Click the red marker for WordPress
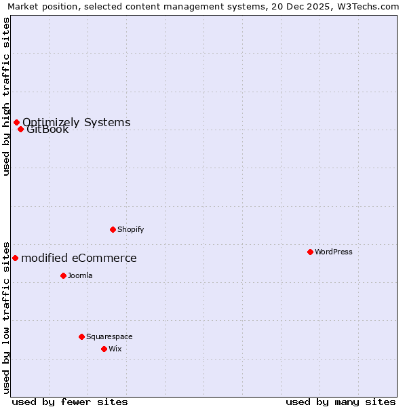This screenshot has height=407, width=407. (310, 252)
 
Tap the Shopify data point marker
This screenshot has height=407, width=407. (113, 229)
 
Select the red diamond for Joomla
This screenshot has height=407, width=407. (63, 275)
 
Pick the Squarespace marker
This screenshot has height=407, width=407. (81, 336)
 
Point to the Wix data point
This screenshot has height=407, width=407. (104, 349)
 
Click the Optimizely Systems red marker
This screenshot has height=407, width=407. (16, 122)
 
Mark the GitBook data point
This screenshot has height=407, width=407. (21, 129)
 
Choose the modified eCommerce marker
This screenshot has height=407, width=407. (15, 258)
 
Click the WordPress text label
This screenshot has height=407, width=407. (334, 252)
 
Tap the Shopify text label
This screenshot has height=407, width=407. (131, 229)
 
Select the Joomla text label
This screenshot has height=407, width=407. (80, 275)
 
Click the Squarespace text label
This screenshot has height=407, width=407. (109, 336)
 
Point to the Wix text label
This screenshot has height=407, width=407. (115, 349)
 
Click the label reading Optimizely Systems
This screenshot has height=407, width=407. (77, 122)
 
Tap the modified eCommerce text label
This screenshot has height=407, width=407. (79, 258)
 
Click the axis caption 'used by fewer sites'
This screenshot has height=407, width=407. (70, 402)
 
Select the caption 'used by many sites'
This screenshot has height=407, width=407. (341, 402)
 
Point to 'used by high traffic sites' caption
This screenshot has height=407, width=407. (6, 96)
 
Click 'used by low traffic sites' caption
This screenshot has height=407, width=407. (6, 317)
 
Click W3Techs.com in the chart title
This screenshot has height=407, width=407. (369, 7)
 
